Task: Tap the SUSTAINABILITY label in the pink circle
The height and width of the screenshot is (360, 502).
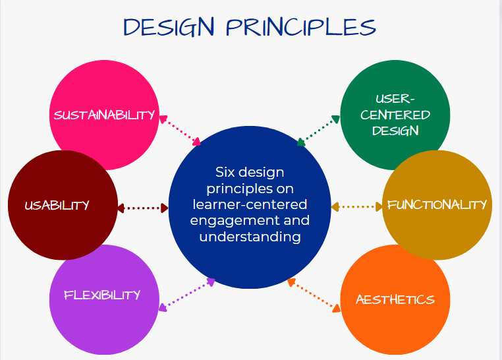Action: tap(104, 115)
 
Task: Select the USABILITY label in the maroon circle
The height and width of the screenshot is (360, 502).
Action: tap(57, 205)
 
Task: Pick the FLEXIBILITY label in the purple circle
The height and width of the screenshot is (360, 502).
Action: tap(102, 295)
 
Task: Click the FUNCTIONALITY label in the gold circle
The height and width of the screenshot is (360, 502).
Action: tap(437, 204)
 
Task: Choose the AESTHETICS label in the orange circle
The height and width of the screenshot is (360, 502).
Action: tap(395, 300)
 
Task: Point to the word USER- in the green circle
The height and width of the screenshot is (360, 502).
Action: tap(395, 100)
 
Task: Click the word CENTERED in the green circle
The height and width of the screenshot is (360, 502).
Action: tap(395, 115)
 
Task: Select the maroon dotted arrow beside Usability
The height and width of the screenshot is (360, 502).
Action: tap(143, 208)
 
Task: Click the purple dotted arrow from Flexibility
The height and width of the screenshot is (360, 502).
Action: tap(187, 294)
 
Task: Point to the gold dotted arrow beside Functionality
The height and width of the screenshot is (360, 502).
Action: tap(356, 207)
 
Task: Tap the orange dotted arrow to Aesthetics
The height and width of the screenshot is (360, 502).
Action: tap(314, 295)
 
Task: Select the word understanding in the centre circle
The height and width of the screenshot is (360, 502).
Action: tap(250, 236)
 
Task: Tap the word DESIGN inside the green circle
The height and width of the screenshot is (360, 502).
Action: tap(395, 130)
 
